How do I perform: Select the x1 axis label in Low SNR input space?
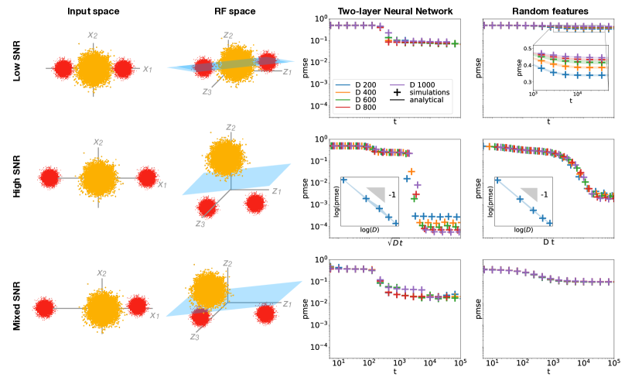click(147, 69)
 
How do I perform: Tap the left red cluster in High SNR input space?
click(50, 179)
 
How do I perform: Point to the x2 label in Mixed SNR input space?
click(98, 272)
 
